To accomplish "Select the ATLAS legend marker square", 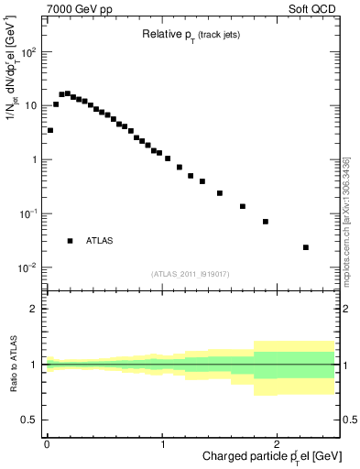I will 70,241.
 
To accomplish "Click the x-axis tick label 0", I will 47,444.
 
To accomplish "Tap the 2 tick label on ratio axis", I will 34,309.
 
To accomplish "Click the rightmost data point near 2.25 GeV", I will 306,247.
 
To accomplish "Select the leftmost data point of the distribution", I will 50,130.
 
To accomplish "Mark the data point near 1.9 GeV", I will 266,222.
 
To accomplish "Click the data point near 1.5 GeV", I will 220,193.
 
